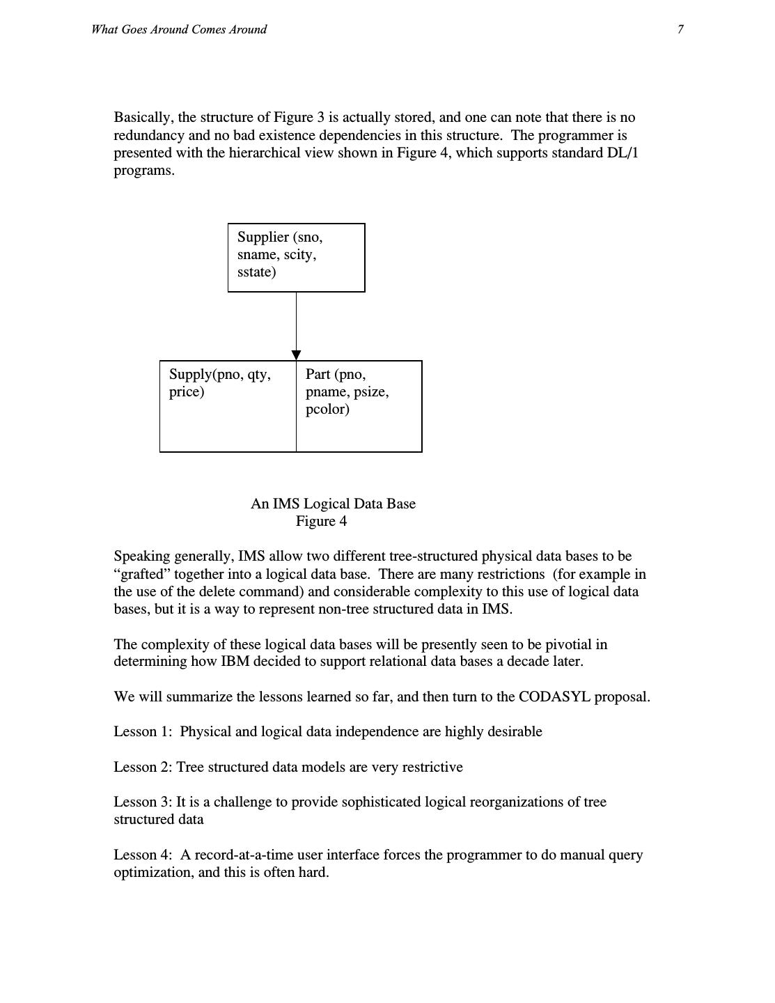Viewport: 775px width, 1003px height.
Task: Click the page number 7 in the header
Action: coord(680,29)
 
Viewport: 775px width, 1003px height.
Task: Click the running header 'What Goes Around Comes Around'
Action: coord(179,29)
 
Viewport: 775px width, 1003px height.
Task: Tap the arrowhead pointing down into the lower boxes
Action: coord(296,355)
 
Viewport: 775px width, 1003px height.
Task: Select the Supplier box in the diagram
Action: coord(296,257)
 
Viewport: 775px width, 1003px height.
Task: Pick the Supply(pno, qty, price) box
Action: coord(228,406)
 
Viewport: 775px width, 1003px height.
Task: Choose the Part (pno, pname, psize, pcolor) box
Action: coord(359,406)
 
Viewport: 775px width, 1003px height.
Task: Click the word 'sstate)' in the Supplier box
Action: coord(256,272)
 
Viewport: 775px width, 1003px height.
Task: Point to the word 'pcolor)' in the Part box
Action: coord(327,410)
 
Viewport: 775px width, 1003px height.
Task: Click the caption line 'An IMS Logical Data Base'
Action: coord(333,504)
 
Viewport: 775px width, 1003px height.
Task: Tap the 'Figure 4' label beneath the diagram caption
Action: coord(321,521)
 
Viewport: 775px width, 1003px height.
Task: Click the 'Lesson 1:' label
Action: coord(143,732)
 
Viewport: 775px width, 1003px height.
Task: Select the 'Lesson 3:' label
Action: coord(143,802)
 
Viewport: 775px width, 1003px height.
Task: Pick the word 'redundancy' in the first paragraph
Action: coord(149,136)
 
